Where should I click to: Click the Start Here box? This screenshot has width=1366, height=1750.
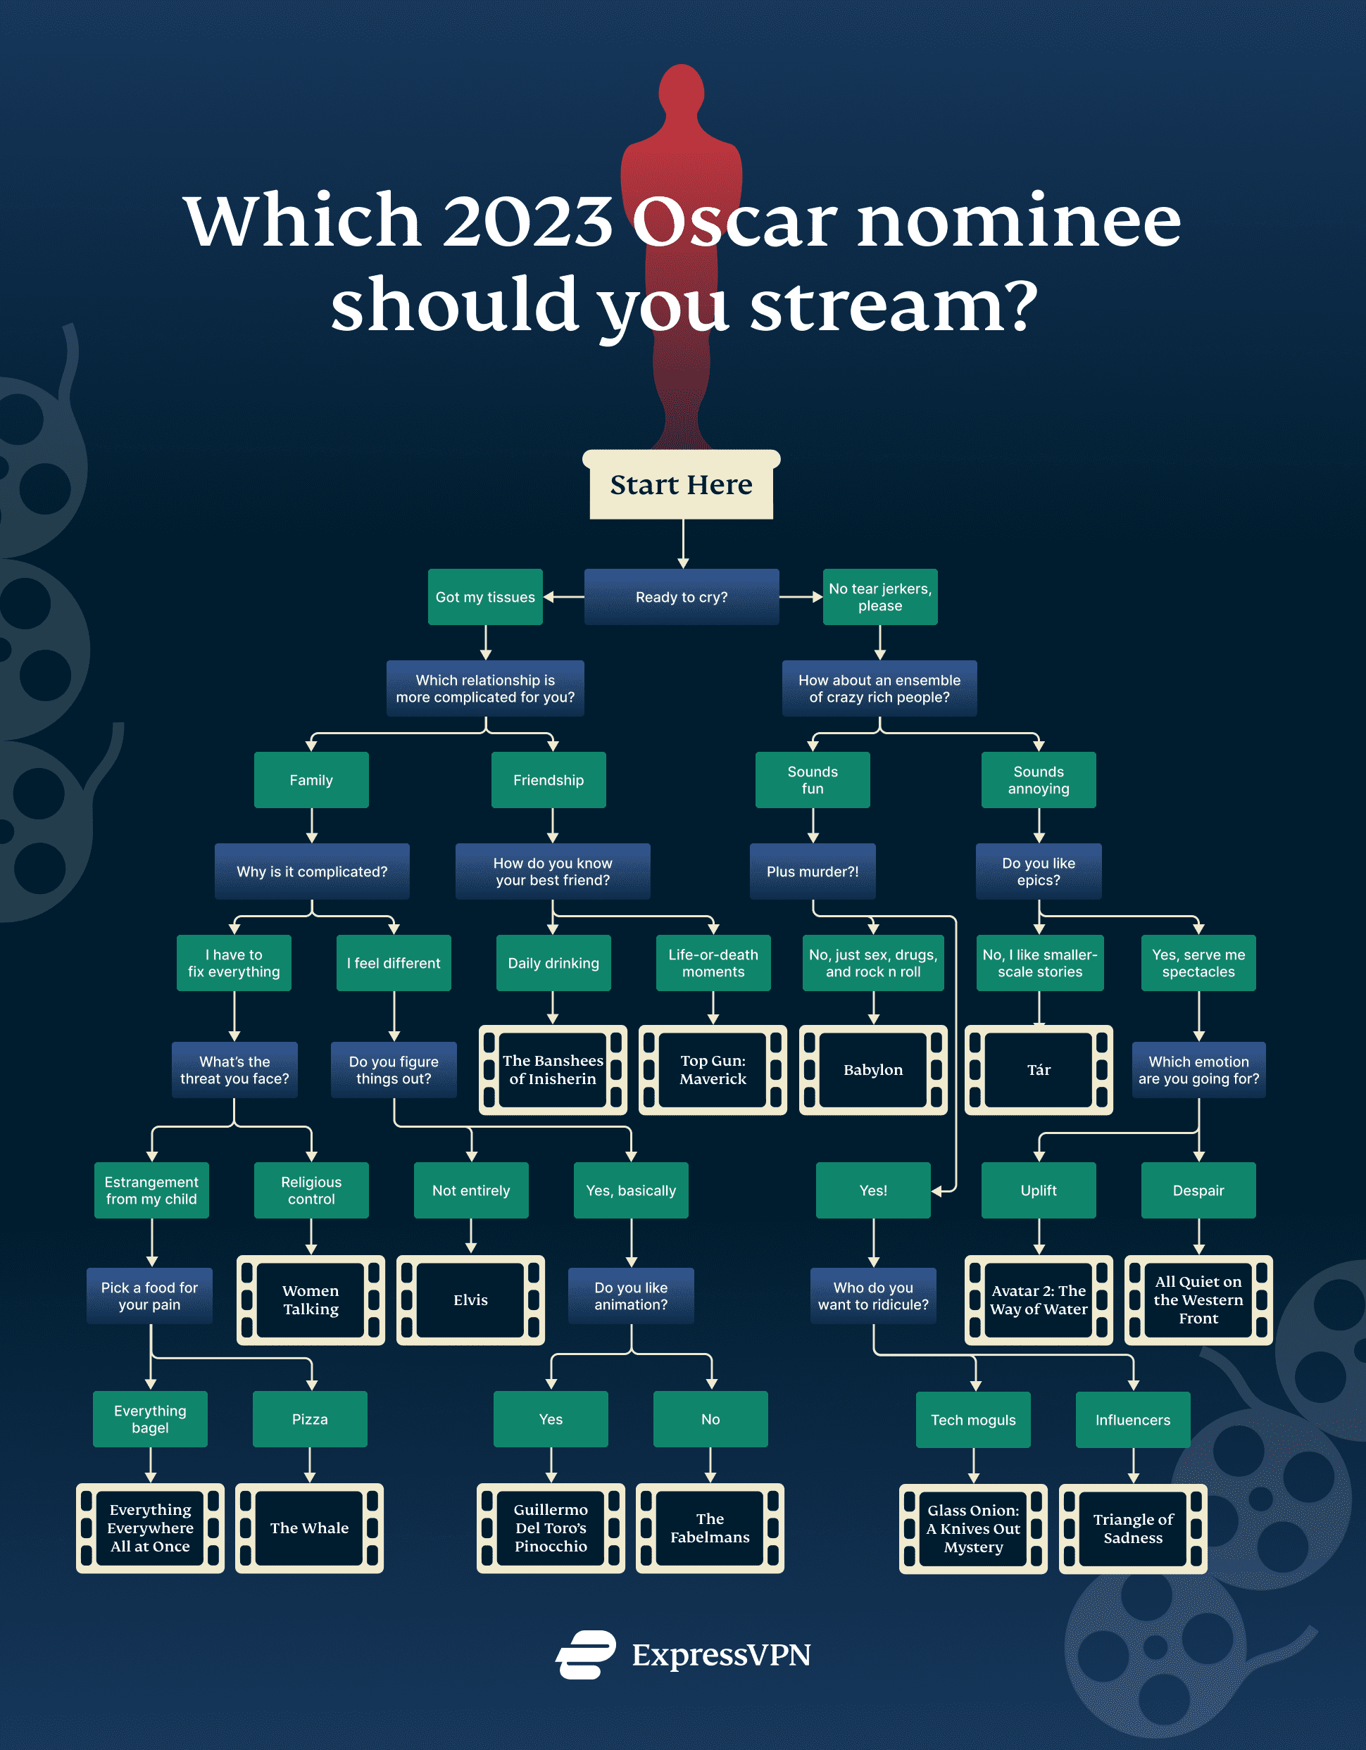point(682,485)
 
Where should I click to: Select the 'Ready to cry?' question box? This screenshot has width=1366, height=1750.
point(682,597)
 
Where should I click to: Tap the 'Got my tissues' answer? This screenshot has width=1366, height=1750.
point(485,597)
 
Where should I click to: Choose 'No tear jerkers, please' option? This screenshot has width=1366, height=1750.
point(879,597)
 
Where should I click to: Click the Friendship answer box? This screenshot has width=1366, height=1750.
point(549,780)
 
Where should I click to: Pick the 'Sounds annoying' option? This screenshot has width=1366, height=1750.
point(1038,780)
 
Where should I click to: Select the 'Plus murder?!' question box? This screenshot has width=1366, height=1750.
point(812,871)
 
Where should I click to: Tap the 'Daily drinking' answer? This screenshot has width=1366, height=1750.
point(553,963)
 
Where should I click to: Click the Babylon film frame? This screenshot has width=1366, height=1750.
point(873,1070)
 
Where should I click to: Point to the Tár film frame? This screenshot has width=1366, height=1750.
point(1038,1070)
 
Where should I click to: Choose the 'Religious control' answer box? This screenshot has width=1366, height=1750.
point(311,1190)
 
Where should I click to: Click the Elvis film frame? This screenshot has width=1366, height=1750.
point(470,1299)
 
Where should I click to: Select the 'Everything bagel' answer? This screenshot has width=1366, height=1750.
point(150,1419)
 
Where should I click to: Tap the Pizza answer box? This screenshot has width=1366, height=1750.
point(309,1419)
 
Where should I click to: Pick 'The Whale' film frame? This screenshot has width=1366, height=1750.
point(309,1528)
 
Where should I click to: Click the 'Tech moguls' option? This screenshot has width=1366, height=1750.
point(973,1420)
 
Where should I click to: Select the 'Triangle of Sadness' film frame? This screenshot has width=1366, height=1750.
point(1133,1529)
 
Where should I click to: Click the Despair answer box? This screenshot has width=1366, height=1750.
point(1198,1190)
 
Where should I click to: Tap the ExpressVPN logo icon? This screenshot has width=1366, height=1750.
point(586,1655)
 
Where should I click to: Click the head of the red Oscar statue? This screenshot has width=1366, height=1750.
point(682,92)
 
